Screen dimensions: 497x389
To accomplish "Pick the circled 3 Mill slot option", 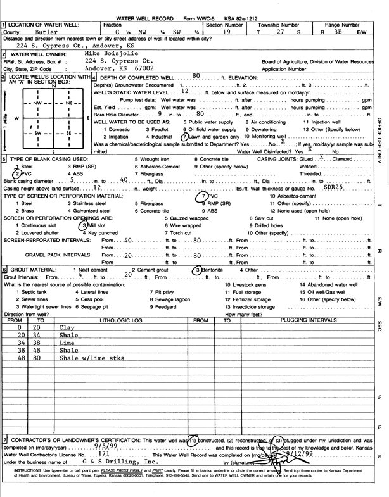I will (93, 224).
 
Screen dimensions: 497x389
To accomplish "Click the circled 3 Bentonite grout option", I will (209, 269).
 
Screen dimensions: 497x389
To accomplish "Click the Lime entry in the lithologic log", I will (67, 341).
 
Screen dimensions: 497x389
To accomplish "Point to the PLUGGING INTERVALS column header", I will (308, 320).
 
